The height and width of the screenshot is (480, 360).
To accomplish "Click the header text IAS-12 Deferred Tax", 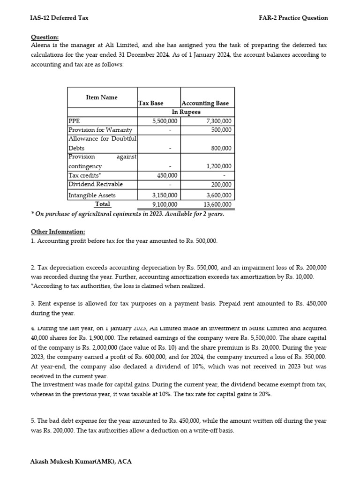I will (60, 18).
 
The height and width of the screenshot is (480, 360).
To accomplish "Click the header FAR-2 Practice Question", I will (293, 18).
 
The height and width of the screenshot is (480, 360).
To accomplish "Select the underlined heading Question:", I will (45, 37).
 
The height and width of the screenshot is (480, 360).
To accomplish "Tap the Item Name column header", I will (102, 97).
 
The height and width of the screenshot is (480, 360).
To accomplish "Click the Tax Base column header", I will (151, 103).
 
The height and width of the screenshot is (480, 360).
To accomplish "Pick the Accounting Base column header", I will (205, 103).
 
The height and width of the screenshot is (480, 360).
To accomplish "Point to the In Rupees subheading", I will (186, 112).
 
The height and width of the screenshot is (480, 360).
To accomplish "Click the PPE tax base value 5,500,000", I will (165, 121).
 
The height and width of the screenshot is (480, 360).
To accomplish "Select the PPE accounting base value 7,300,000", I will (218, 121).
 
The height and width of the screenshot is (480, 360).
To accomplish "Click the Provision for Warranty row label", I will (100, 130).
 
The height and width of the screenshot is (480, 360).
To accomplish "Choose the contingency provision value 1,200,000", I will (219, 166).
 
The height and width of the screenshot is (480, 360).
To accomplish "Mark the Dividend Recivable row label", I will (96, 184).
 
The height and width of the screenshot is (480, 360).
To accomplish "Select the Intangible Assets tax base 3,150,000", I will (165, 195).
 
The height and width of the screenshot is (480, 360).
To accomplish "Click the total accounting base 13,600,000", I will (217, 204).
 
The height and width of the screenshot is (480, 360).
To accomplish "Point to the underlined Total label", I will (103, 204).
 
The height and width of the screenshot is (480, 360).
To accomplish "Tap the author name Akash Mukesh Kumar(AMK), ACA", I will (81, 461).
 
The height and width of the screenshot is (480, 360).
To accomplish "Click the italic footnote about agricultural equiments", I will (127, 214).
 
